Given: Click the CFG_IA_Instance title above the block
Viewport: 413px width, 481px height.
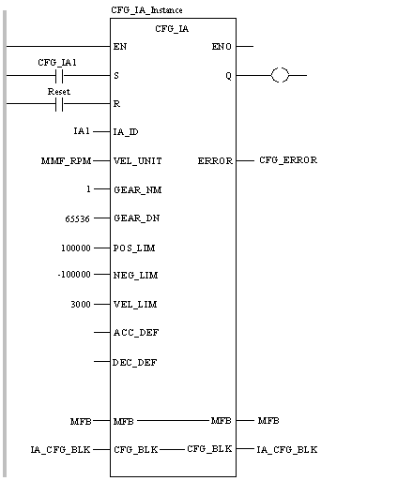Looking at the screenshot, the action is (x=146, y=10).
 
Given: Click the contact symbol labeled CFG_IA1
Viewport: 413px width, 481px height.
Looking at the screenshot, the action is (x=59, y=76).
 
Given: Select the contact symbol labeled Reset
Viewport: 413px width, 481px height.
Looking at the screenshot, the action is (x=59, y=104).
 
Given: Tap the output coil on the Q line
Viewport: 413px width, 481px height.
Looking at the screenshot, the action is (x=280, y=75).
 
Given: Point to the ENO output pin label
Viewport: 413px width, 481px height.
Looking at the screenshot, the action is (x=222, y=47).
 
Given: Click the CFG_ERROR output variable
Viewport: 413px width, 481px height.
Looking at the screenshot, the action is (x=288, y=160).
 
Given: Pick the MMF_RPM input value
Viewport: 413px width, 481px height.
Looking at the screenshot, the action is (x=66, y=161).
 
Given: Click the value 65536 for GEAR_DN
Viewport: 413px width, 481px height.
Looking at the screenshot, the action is (x=77, y=218).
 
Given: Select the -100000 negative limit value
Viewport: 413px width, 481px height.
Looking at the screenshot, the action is (x=74, y=275).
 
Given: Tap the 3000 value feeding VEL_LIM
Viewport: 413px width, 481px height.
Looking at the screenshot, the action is (x=81, y=304).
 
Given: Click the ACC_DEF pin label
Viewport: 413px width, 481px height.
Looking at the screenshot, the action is (x=136, y=333).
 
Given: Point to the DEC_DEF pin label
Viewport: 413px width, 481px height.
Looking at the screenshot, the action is (x=135, y=363).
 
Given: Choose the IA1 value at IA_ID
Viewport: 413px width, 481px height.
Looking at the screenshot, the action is (x=82, y=131).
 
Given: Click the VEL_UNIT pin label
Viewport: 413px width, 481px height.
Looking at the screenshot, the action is (x=138, y=161).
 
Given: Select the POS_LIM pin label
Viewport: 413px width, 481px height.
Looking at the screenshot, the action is (x=134, y=248).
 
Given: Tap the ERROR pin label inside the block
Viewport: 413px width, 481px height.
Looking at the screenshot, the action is (x=215, y=161).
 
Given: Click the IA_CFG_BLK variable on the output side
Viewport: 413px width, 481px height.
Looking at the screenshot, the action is (x=287, y=450).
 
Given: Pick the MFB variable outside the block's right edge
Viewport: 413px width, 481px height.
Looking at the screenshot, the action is (x=268, y=421).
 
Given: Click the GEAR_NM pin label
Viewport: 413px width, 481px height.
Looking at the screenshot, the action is (x=138, y=190).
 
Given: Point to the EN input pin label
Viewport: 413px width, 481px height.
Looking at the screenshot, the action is (x=120, y=47).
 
